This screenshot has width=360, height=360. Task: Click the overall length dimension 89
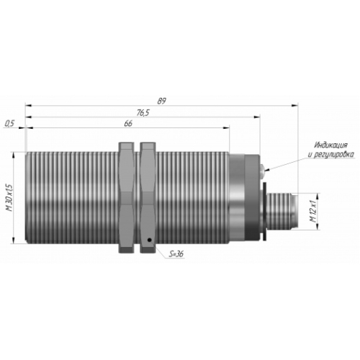(161, 101)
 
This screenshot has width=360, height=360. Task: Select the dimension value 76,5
(143, 112)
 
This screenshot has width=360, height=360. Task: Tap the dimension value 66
(128, 124)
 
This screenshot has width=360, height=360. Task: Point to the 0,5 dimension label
(9, 124)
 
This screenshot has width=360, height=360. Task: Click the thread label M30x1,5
(10, 198)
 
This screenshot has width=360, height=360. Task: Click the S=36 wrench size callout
(176, 253)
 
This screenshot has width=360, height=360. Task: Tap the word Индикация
(331, 145)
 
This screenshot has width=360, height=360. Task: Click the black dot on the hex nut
(150, 240)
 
